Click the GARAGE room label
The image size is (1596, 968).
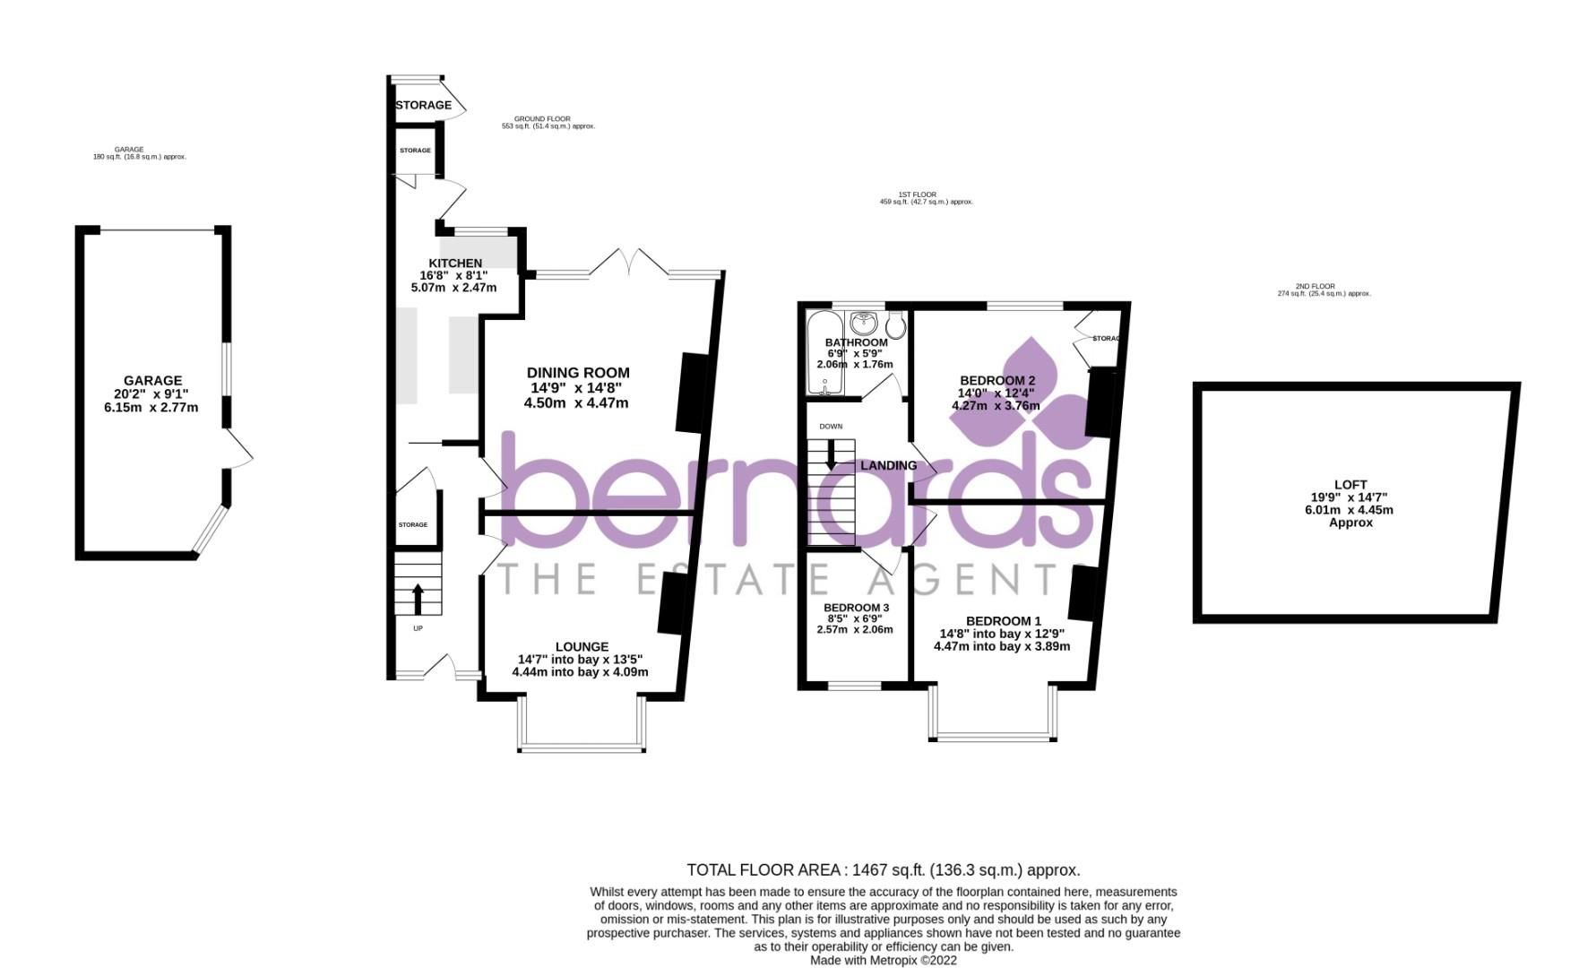click(x=152, y=381)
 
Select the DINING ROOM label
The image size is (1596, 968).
click(x=577, y=373)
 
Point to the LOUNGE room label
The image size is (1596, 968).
click(x=582, y=647)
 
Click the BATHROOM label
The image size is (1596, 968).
click(x=856, y=342)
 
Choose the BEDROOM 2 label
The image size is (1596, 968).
click(x=996, y=380)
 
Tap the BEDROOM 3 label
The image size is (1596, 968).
click(x=856, y=608)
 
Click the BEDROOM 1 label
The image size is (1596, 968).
click(x=1003, y=621)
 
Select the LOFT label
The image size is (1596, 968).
click(x=1350, y=485)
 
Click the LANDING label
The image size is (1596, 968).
click(x=888, y=465)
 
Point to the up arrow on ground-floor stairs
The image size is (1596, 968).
click(x=418, y=598)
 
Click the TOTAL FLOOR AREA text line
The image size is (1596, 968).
click(x=883, y=869)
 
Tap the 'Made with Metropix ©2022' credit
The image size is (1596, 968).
click(x=883, y=960)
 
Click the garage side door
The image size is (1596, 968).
click(x=239, y=447)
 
